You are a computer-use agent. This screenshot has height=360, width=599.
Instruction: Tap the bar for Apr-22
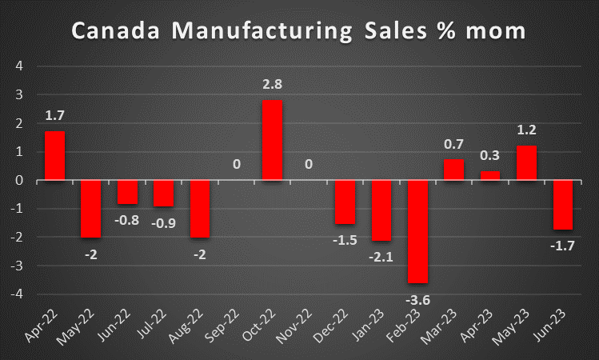54,155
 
